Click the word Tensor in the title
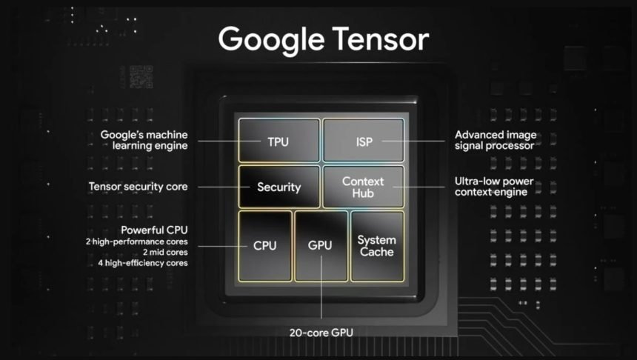tap(378, 39)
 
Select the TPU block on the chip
tap(279, 141)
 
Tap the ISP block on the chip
tap(364, 141)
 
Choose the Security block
tap(279, 187)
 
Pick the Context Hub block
tap(364, 187)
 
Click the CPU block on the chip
tap(265, 246)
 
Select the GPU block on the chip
tap(321, 246)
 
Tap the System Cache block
tap(377, 246)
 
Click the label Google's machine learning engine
tap(144, 140)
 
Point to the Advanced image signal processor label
tap(494, 140)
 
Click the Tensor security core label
tap(138, 187)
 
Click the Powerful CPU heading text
tap(154, 230)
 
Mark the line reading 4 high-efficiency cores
tap(142, 263)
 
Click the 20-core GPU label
tap(321, 333)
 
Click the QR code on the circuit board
tap(141, 77)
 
